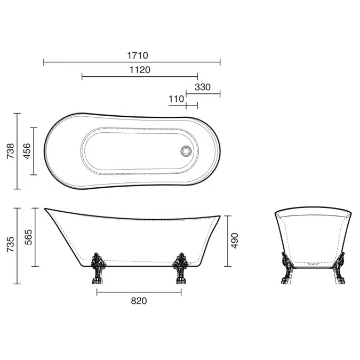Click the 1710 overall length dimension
[x=137, y=55]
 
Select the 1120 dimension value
[x=140, y=69]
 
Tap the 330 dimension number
[x=203, y=87]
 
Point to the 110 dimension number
[x=176, y=99]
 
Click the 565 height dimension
[x=28, y=237]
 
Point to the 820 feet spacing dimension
[x=139, y=301]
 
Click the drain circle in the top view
[x=186, y=151]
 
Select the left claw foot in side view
[x=98, y=269]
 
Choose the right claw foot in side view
[x=180, y=270]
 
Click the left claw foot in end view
[x=286, y=269]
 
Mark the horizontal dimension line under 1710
[x=131, y=62]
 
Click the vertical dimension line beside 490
[x=228, y=241]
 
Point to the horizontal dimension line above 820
[x=139, y=292]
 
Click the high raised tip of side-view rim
[x=46, y=209]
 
